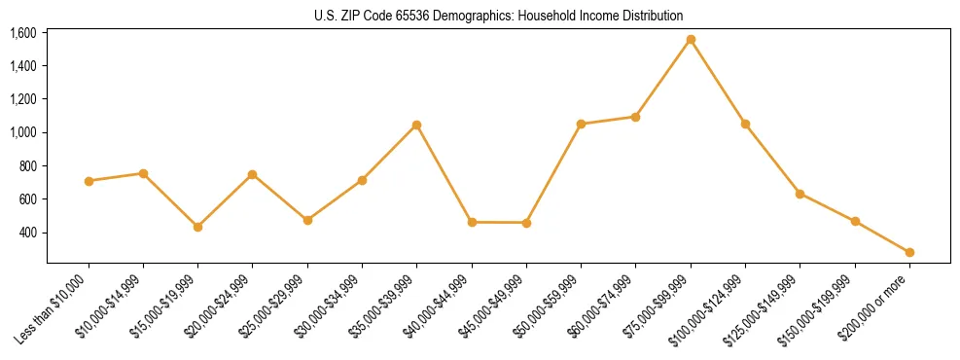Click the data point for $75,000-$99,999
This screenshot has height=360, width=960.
691,40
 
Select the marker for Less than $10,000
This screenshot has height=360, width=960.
89,181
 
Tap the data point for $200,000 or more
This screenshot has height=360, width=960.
909,252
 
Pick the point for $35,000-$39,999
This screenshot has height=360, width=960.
416,125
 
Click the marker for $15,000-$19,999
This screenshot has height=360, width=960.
197,227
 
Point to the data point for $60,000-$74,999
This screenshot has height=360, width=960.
635,117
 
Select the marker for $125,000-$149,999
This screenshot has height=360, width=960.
800,194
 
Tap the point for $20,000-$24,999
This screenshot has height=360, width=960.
252,174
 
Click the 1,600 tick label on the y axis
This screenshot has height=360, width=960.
23,33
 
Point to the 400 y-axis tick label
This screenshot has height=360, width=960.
28,233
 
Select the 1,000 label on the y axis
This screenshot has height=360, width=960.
23,132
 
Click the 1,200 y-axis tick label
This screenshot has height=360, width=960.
23,99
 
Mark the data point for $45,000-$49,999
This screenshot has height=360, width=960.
526,223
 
